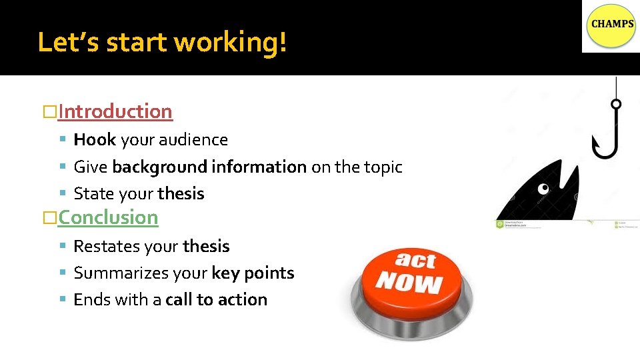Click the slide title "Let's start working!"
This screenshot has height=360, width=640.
click(163, 42)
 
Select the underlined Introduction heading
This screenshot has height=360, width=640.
click(115, 111)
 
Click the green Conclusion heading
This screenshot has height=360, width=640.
click(107, 217)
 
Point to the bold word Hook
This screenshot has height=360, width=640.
click(95, 140)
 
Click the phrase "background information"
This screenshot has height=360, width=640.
click(209, 167)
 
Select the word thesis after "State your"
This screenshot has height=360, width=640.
click(181, 194)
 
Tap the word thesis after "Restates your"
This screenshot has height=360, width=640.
click(206, 247)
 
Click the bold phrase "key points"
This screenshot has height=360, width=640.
click(253, 273)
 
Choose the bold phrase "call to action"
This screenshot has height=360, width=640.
click(216, 300)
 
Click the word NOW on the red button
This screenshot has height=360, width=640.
click(409, 282)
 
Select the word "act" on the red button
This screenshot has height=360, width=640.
click(415, 259)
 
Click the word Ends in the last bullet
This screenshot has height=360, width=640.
click(91, 300)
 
